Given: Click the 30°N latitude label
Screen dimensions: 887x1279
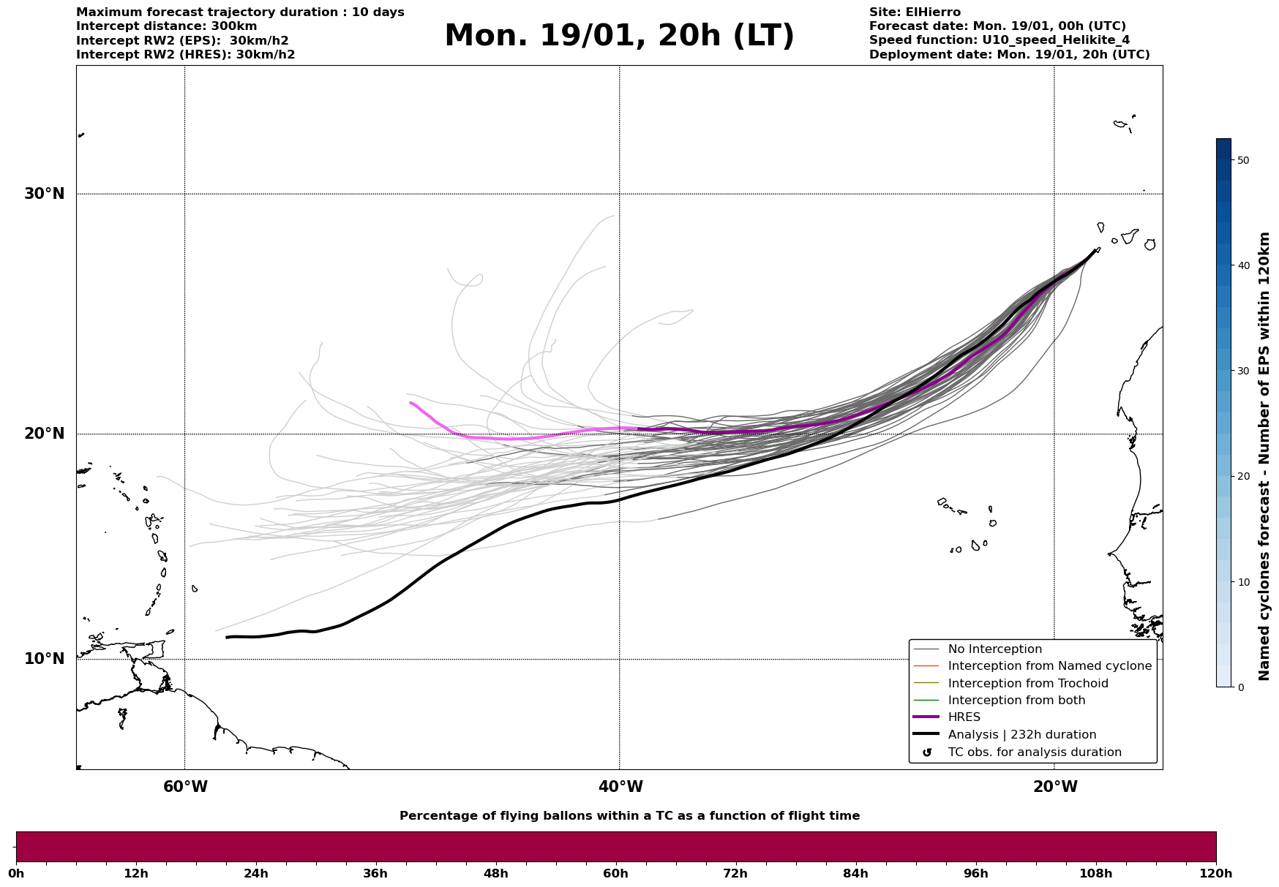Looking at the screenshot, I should (44, 194).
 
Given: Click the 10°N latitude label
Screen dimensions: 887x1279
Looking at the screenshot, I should (44, 659).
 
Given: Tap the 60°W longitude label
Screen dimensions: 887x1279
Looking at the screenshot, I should (185, 787).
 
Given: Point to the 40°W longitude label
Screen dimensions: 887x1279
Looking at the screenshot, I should (620, 787).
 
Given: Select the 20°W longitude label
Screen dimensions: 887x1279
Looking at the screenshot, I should (1055, 787).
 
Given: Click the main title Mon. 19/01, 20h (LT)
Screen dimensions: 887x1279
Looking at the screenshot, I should (619, 36).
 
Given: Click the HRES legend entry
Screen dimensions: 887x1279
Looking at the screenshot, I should (964, 717).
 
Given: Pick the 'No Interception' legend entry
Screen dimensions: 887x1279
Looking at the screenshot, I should (994, 649).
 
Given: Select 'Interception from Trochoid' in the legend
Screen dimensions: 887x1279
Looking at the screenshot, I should (1027, 684).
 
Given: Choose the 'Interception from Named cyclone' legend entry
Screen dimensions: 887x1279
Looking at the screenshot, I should (1049, 666).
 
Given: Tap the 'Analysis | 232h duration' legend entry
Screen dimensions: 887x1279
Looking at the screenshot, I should (1021, 735).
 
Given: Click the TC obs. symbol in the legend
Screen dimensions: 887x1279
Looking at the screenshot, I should (927, 752).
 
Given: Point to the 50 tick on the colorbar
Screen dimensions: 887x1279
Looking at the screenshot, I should (1242, 160).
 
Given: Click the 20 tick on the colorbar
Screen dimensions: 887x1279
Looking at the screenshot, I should (1242, 477).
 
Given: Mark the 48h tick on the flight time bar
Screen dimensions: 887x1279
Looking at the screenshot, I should (495, 873).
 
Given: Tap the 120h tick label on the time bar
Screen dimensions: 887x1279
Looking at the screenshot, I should (1216, 873).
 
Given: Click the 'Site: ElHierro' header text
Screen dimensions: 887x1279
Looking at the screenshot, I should (915, 12).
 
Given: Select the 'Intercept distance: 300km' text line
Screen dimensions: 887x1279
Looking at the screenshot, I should (167, 26).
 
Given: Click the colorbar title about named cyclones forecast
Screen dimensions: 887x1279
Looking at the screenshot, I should (1264, 456).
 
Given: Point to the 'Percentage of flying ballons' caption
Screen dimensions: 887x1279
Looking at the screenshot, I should (629, 816).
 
